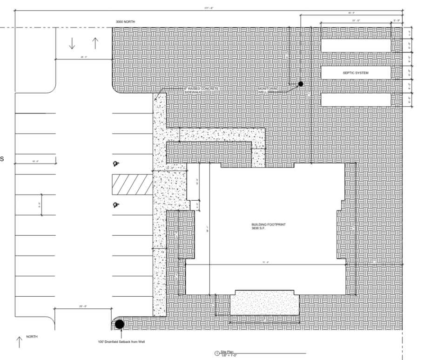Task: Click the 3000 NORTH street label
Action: [x=128, y=22]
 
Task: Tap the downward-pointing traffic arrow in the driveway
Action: [x=72, y=43]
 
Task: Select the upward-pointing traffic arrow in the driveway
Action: [x=95, y=43]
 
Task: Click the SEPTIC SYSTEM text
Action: [x=356, y=73]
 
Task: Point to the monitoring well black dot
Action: [x=301, y=84]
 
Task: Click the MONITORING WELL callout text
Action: [x=269, y=90]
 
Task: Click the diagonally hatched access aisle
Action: [x=132, y=184]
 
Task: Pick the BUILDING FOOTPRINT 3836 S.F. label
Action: [x=268, y=227]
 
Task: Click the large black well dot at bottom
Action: [x=120, y=324]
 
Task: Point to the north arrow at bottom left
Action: [x=20, y=342]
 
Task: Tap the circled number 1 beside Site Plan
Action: [x=216, y=353]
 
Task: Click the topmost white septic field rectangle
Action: [x=356, y=45]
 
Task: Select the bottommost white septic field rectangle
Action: [x=356, y=100]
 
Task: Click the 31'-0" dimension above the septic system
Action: [x=357, y=20]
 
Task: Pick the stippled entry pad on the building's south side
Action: [x=264, y=304]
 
